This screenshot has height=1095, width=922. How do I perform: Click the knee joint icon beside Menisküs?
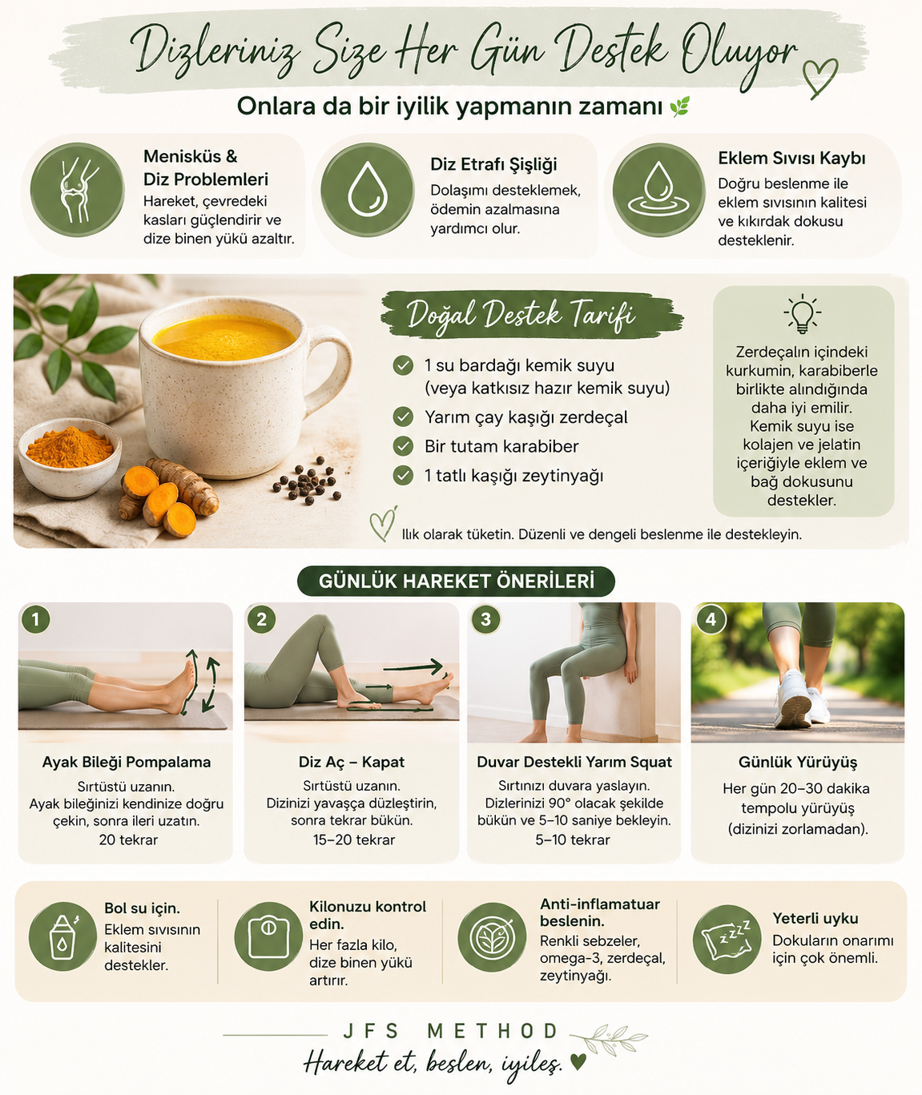tap(77, 190)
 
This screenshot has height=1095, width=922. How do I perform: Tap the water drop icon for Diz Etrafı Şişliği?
tap(367, 189)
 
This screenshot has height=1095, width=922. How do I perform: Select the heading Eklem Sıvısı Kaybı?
tap(791, 159)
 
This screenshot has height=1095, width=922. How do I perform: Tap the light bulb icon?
tap(802, 314)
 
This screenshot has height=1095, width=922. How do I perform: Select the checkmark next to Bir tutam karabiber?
tap(403, 446)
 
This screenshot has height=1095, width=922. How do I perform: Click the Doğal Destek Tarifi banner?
tap(531, 314)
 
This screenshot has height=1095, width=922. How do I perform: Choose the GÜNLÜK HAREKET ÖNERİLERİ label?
tap(457, 581)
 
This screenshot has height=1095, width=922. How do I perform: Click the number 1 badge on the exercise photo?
tap(36, 619)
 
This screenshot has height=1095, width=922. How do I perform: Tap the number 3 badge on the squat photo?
tap(485, 619)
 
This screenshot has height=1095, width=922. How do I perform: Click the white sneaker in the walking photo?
tap(794, 698)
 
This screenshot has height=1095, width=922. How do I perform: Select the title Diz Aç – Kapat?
tap(352, 762)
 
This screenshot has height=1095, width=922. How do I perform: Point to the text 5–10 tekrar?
tap(573, 840)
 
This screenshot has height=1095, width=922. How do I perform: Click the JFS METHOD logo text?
tap(451, 1031)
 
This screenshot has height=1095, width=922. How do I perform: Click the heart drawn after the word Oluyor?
tap(819, 78)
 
